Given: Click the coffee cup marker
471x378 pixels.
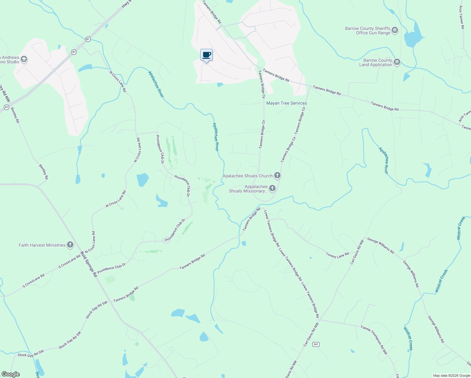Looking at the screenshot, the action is pyautogui.click(x=206, y=55).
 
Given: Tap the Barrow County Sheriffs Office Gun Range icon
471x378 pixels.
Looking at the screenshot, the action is pyautogui.click(x=395, y=31).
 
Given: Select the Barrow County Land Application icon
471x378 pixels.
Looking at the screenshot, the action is pyautogui.click(x=397, y=62).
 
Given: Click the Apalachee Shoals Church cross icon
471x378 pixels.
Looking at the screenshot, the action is pyautogui.click(x=277, y=175).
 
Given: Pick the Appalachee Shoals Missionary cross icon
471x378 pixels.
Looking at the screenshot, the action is pyautogui.click(x=272, y=188).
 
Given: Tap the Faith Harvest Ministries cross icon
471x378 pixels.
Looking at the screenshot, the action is pyautogui.click(x=70, y=245).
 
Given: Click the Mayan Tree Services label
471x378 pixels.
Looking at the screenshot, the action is pyautogui.click(x=287, y=103).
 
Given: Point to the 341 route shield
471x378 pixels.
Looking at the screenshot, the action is pyautogui.click(x=316, y=344).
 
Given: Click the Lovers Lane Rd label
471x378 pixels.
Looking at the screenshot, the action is pyautogui.click(x=338, y=255).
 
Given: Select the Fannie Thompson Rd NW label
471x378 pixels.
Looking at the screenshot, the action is pyautogui.click(x=374, y=340).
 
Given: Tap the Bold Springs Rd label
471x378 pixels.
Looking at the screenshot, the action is pyautogui.click(x=89, y=264).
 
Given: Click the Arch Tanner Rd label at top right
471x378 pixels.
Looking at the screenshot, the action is pyautogui.click(x=462, y=17).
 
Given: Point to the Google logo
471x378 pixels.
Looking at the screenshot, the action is pyautogui.click(x=10, y=374).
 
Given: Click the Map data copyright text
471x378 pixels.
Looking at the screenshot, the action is pyautogui.click(x=451, y=375).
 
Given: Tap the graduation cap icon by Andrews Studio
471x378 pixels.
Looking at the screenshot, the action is pyautogui.click(x=24, y=60).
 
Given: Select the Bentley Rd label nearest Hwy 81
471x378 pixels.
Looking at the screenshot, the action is pyautogui.click(x=15, y=115).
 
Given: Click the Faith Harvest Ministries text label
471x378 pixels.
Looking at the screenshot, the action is pyautogui.click(x=42, y=245).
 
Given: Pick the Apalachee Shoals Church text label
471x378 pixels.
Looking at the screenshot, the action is pyautogui.click(x=247, y=176).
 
